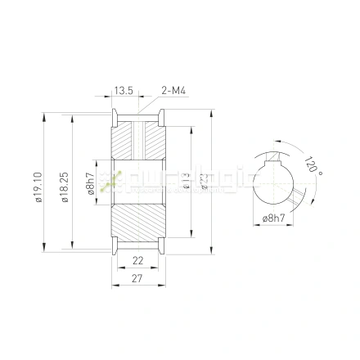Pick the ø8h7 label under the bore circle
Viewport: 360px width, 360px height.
(274, 218)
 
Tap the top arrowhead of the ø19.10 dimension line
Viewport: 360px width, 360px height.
(45, 114)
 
